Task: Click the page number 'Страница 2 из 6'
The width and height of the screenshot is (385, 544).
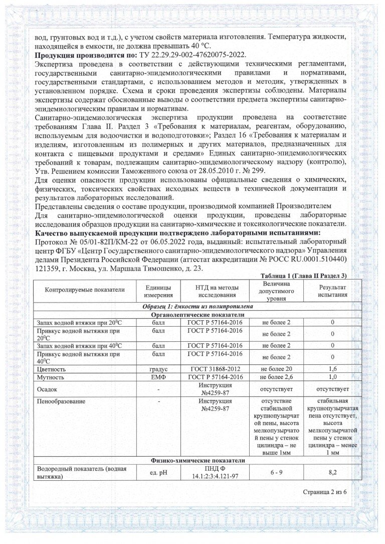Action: click(x=325, y=492)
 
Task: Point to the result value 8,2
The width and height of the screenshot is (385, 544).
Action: click(x=333, y=472)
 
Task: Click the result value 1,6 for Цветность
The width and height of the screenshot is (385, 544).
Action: click(x=333, y=369)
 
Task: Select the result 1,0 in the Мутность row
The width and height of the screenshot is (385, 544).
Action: click(x=333, y=377)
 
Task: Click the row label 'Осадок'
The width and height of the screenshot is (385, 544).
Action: click(x=48, y=389)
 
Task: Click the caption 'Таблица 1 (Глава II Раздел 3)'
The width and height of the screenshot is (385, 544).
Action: click(x=304, y=277)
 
